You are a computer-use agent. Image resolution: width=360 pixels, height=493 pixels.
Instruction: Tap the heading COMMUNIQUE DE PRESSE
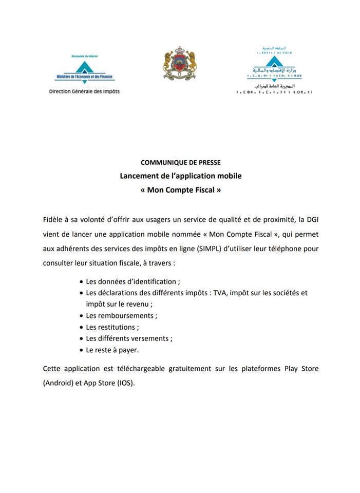[x=180, y=163]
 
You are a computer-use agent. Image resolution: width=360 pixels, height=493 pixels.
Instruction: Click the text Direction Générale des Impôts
[x=84, y=91]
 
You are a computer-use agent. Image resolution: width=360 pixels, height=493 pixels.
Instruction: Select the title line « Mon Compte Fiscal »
[x=180, y=189]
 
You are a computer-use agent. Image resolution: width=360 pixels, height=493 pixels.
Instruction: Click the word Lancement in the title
[x=138, y=176]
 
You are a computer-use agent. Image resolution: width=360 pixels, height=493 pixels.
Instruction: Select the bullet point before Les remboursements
[x=82, y=316]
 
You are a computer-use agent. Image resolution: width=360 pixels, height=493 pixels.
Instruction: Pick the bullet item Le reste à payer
[x=112, y=350]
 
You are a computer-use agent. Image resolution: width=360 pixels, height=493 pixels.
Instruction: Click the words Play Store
[x=301, y=369]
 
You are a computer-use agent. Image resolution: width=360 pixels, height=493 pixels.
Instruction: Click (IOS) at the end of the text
[x=126, y=383]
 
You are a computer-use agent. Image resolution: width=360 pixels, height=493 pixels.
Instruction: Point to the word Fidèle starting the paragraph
[x=54, y=220]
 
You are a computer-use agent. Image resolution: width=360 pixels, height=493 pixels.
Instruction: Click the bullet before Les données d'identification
[x=82, y=282]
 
